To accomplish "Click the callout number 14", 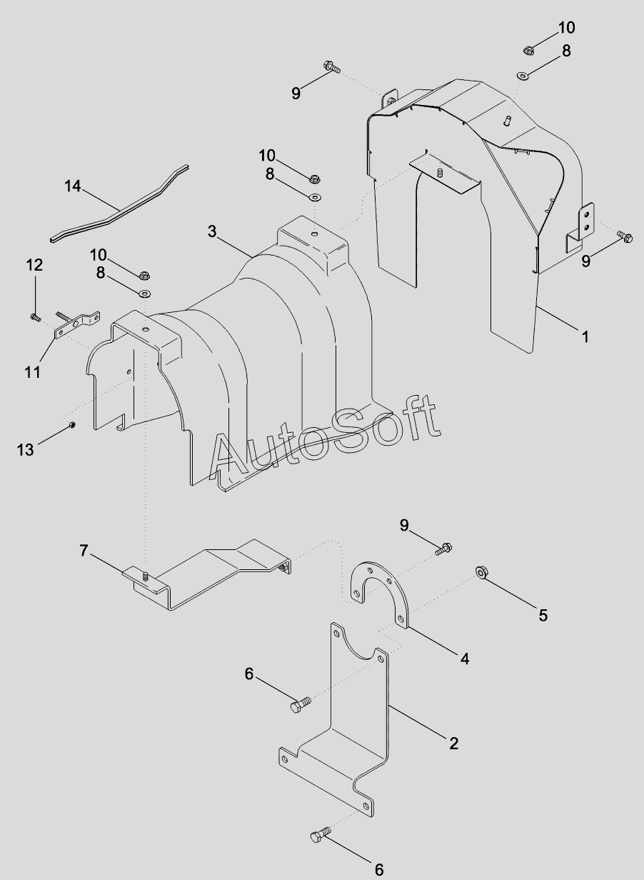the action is point(73,186).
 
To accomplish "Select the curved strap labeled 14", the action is point(119,204).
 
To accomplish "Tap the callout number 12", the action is point(34,265).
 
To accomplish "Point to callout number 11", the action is point(33,372).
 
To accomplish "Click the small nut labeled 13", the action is point(71,425).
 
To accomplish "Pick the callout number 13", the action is point(25,450).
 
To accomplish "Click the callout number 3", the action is point(212,231).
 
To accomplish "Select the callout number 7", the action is point(84,551).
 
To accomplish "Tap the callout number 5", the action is point(543,615).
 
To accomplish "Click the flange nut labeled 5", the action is point(481,572).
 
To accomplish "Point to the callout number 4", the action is point(465,659).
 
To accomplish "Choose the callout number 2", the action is point(453,744).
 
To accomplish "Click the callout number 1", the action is point(585,336).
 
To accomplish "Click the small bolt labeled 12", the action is point(36,317).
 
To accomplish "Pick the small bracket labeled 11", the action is point(77,324).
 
